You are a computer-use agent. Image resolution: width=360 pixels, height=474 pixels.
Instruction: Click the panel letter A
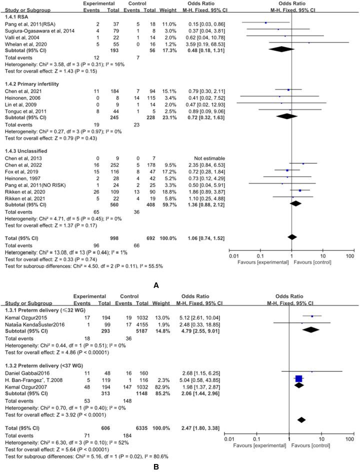tap(156, 286)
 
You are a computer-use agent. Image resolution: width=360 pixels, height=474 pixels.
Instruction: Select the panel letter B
tap(156, 467)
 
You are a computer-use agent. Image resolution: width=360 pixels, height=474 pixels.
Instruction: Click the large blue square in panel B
tap(299, 379)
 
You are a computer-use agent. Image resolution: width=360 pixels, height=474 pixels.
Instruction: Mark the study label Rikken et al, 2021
tap(23, 197)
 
